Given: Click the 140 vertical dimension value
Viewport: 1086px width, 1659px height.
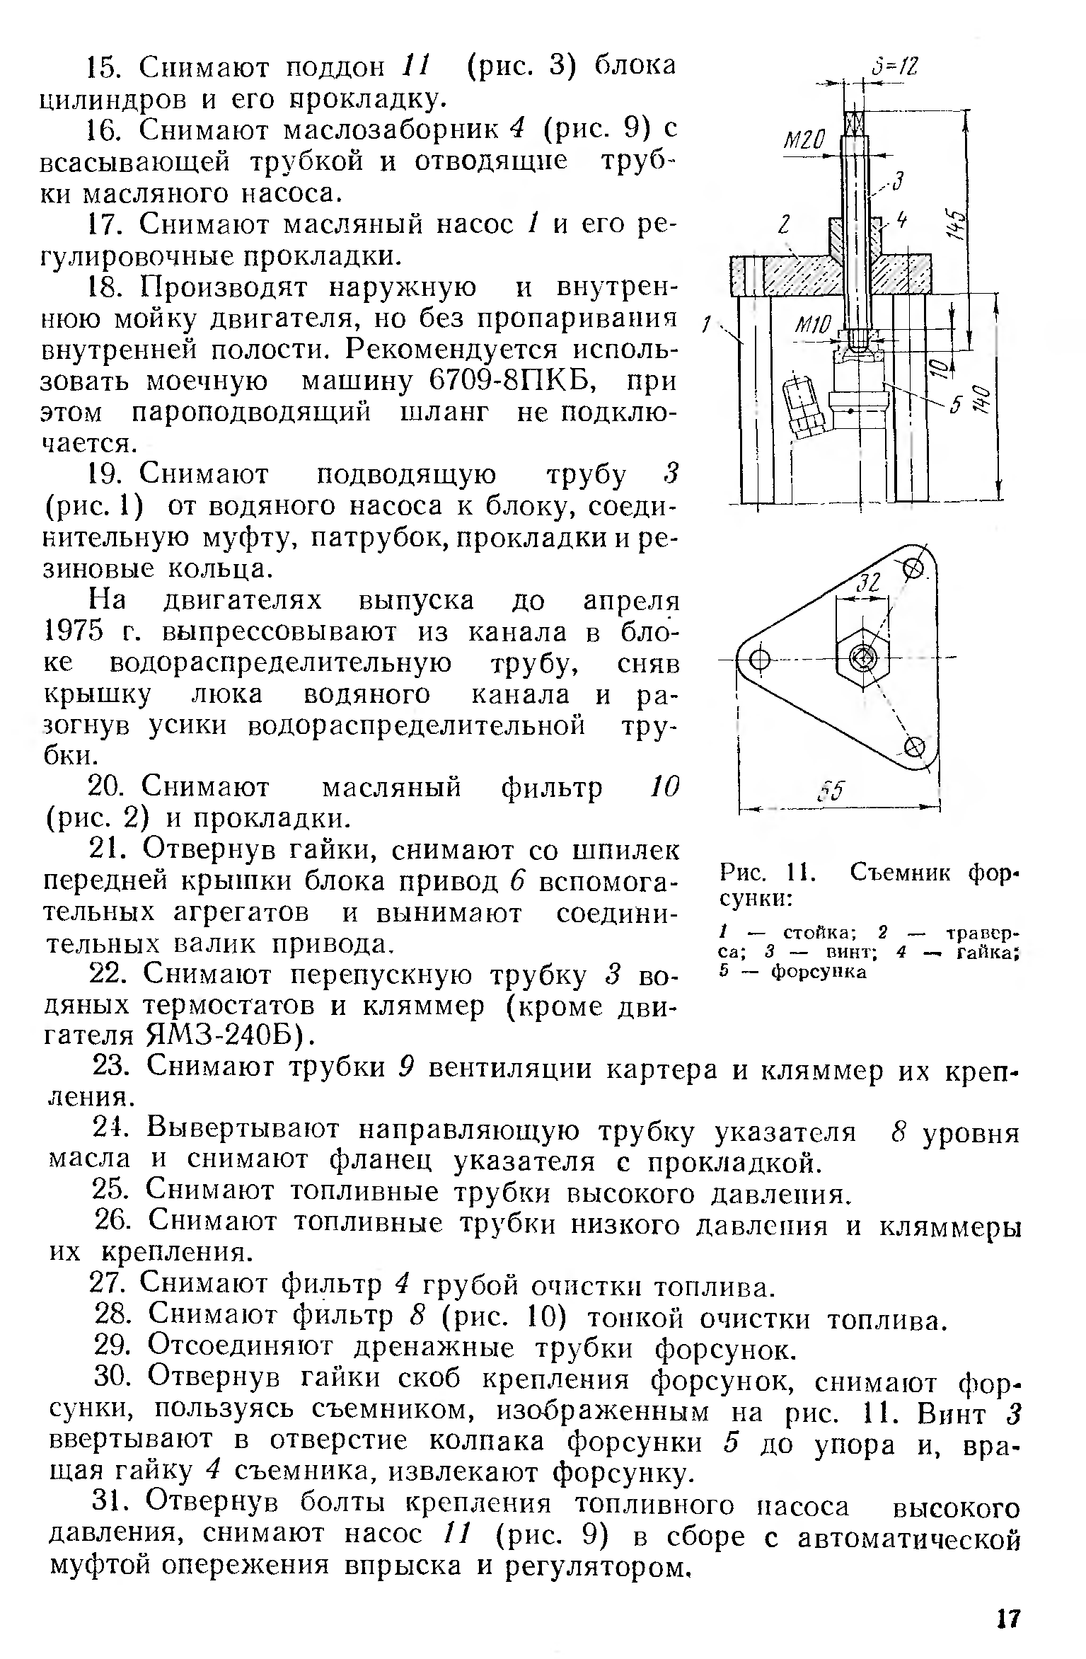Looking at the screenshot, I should click(983, 403).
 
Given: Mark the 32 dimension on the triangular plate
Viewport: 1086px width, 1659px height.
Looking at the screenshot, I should click(867, 584).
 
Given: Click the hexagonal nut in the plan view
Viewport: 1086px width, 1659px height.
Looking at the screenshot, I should click(862, 658).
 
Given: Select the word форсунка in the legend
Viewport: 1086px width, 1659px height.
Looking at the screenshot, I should click(819, 972).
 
